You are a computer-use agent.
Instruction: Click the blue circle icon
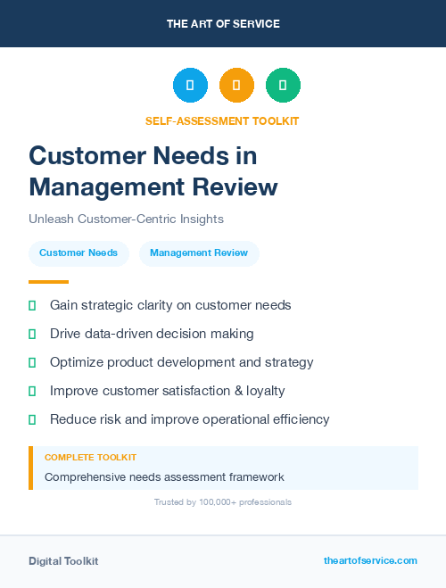pyautogui.click(x=190, y=85)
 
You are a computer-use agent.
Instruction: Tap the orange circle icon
pyautogui.click(x=236, y=85)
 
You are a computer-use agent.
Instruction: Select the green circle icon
pyautogui.click(x=283, y=85)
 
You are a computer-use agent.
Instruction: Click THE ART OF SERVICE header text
pyautogui.click(x=223, y=24)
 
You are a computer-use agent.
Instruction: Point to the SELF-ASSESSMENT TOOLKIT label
pyautogui.click(x=222, y=120)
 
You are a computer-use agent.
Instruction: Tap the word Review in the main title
pyautogui.click(x=236, y=187)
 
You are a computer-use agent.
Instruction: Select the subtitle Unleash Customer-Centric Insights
pyautogui.click(x=126, y=219)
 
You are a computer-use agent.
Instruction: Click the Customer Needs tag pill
pyautogui.click(x=78, y=253)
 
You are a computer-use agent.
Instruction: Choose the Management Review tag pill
pyautogui.click(x=199, y=253)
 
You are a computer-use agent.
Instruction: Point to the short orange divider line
pyautogui.click(x=48, y=282)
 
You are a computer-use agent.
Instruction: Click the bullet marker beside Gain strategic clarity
pyautogui.click(x=32, y=305)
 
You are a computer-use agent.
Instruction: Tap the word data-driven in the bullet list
pyautogui.click(x=120, y=334)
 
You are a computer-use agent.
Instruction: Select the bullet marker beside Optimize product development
pyautogui.click(x=32, y=362)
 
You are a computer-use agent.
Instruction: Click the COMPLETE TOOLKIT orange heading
pyautogui.click(x=90, y=458)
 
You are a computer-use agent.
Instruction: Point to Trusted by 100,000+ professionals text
pyautogui.click(x=223, y=502)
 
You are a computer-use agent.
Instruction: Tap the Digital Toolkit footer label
pyautogui.click(x=63, y=561)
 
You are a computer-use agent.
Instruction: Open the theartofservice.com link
pyautogui.click(x=370, y=560)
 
